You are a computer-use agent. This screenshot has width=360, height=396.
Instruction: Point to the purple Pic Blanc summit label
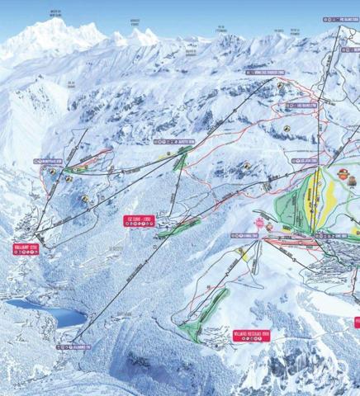[x=343, y=17]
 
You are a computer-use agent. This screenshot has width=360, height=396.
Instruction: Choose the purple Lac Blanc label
[x=306, y=106]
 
